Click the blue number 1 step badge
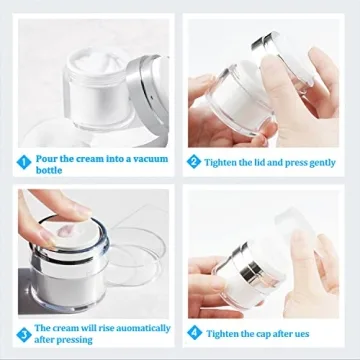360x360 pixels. point(23,160)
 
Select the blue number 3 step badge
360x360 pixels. point(23,334)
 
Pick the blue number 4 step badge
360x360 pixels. point(194,331)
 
